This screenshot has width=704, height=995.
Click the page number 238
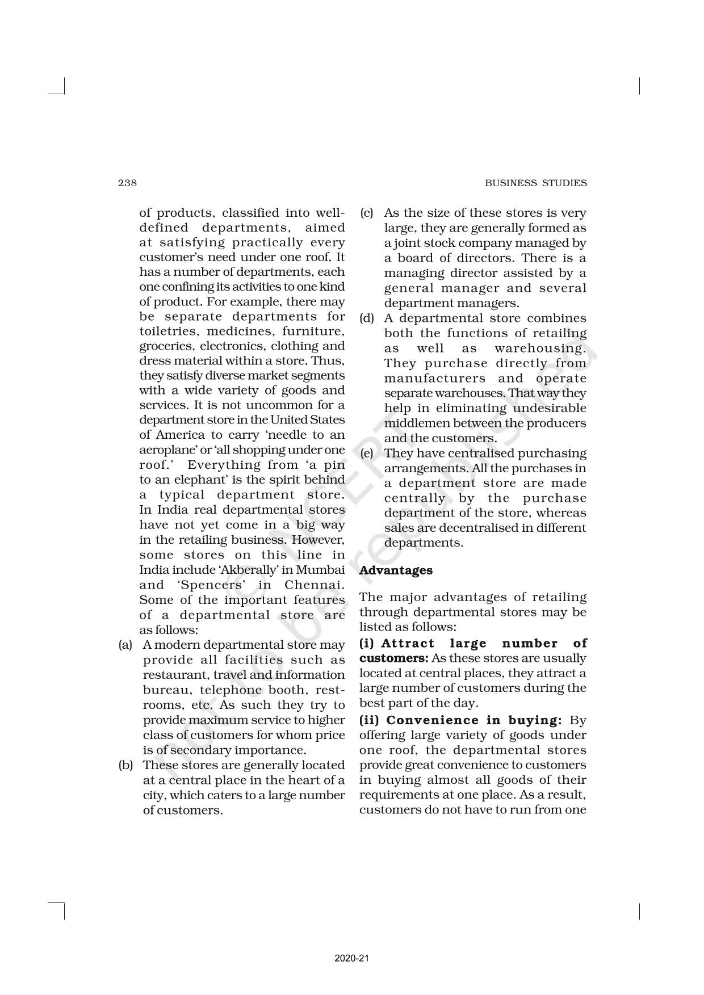coord(128,183)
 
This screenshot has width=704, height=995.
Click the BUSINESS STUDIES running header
coord(535,183)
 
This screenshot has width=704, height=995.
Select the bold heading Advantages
coord(396,570)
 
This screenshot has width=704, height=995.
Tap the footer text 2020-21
coord(352,942)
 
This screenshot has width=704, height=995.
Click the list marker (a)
coord(125,645)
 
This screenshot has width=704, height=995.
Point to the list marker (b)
coord(125,765)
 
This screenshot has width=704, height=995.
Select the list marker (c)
coord(366,213)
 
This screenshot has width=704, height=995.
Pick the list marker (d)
coord(366,318)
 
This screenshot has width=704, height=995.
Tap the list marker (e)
coord(366,454)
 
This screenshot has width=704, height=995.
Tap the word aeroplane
coord(165,450)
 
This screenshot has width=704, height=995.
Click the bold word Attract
coord(408,644)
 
